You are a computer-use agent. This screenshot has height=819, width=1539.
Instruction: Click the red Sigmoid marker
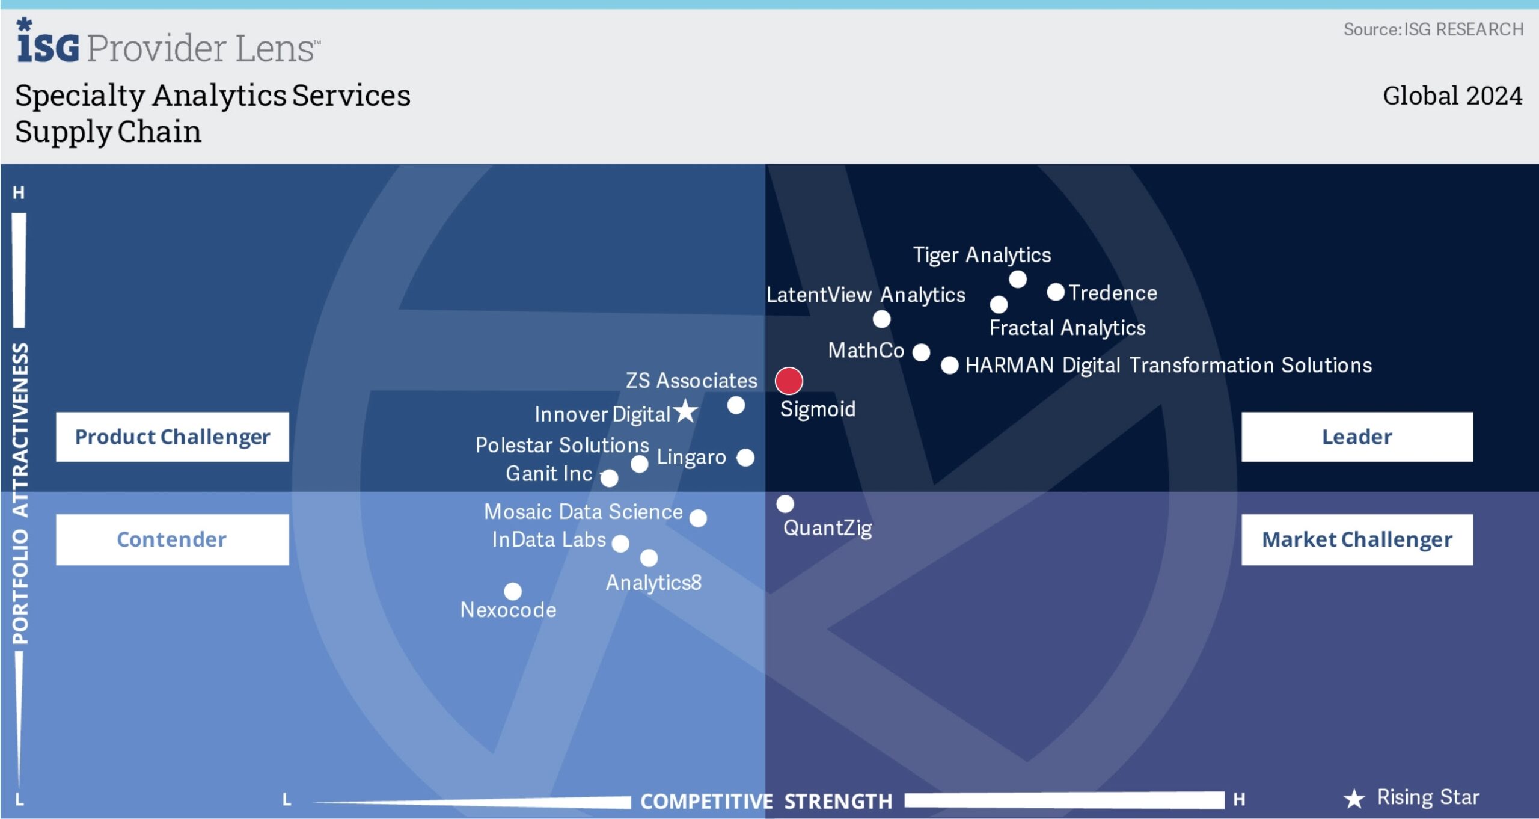click(x=788, y=381)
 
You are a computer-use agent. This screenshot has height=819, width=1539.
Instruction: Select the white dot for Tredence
click(x=1056, y=292)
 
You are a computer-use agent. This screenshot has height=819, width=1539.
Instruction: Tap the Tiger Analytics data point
click(x=1017, y=279)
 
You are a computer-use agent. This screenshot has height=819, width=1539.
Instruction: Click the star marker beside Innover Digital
click(x=685, y=412)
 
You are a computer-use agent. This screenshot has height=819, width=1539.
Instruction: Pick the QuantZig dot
click(x=785, y=504)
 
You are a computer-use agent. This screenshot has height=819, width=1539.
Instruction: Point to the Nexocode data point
click(x=513, y=591)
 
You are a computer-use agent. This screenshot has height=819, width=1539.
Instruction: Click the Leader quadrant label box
click(x=1357, y=437)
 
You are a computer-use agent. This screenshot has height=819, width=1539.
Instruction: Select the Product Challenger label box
click(x=173, y=437)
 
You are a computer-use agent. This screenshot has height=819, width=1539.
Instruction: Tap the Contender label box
click(x=173, y=539)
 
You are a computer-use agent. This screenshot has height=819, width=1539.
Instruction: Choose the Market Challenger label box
click(x=1357, y=539)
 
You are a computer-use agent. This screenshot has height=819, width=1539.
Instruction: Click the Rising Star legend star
click(x=1354, y=799)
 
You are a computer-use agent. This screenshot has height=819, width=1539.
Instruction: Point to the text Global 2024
click(x=1452, y=96)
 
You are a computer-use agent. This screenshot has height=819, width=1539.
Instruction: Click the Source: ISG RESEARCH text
click(x=1433, y=29)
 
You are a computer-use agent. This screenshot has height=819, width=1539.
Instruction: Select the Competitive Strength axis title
click(x=766, y=802)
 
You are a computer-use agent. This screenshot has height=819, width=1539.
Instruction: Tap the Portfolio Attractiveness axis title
click(x=20, y=493)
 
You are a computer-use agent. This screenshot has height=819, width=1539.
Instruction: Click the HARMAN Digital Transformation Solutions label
click(x=1168, y=365)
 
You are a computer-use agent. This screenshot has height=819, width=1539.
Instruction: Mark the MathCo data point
click(x=921, y=352)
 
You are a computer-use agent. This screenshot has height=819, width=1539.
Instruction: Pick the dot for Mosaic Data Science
click(x=698, y=518)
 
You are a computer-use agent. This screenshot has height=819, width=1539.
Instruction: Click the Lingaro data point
click(x=745, y=458)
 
